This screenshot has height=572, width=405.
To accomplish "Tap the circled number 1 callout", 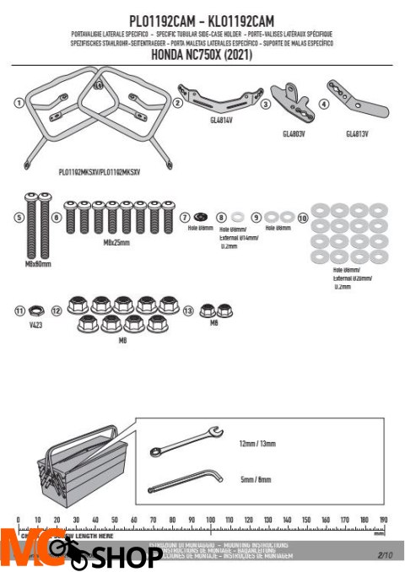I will pyautogui.click(x=19, y=102).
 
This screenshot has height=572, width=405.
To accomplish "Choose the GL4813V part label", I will pyautogui.click(x=358, y=133).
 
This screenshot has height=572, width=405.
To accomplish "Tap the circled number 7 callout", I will pyautogui.click(x=185, y=217).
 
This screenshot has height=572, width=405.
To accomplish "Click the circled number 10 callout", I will pyautogui.click(x=303, y=217).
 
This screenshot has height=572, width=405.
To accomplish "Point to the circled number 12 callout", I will pyautogui.click(x=57, y=310).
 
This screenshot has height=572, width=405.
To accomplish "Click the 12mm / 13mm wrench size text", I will pyautogui.click(x=258, y=443).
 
